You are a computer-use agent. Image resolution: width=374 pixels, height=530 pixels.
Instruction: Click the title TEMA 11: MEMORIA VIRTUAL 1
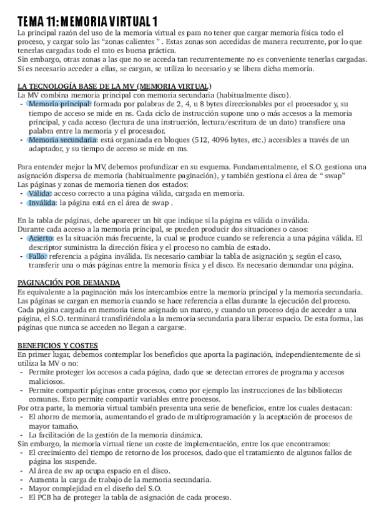87,22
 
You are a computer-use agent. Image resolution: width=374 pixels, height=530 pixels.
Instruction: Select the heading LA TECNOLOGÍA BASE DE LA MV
114,86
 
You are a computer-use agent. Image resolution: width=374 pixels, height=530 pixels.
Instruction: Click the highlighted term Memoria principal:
60,104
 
